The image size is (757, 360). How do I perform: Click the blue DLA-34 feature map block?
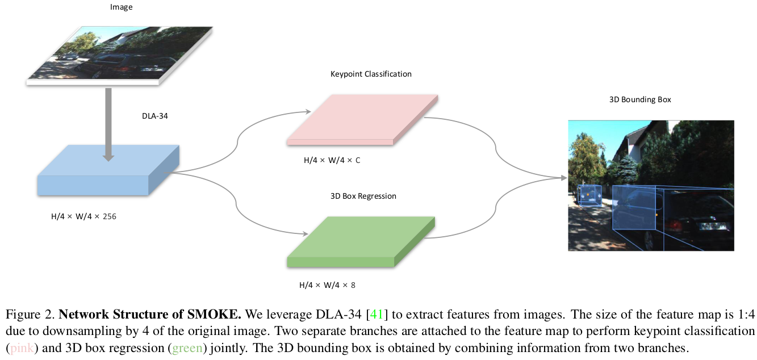point(108,173)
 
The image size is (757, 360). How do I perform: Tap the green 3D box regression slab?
point(361,241)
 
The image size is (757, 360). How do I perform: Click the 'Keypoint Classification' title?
point(371,74)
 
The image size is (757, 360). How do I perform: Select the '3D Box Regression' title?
point(363,196)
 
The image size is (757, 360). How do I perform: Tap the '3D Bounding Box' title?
point(639,99)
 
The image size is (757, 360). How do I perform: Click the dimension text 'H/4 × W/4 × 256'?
point(83,216)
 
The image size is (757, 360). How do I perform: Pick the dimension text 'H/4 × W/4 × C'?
point(332,160)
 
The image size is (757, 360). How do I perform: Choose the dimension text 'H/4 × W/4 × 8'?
point(327,285)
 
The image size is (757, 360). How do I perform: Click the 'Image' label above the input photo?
point(121,6)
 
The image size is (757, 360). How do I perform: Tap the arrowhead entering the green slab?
point(304,233)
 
